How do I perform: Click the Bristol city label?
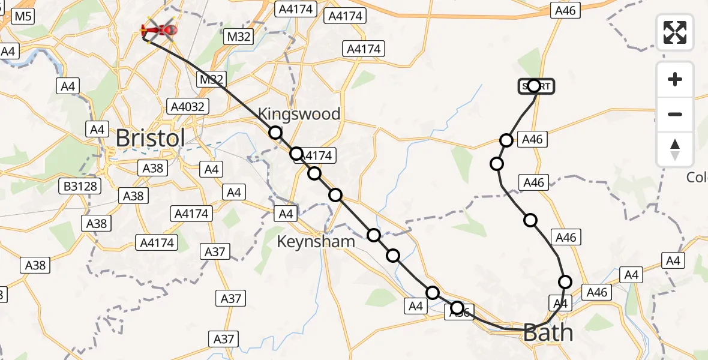(x=151, y=138)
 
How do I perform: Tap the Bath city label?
(x=548, y=332)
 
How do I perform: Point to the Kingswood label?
(x=299, y=114)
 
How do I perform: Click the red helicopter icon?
(x=159, y=29)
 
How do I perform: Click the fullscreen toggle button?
(x=675, y=32)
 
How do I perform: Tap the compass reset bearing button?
(x=675, y=149)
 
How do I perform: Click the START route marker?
(x=536, y=86)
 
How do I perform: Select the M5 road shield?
(x=23, y=16)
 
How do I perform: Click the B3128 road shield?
(x=80, y=186)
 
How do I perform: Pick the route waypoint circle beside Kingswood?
(x=275, y=133)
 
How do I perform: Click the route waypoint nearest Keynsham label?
(x=374, y=235)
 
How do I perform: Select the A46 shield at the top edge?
(x=565, y=10)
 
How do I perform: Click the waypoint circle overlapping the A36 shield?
(x=457, y=308)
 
